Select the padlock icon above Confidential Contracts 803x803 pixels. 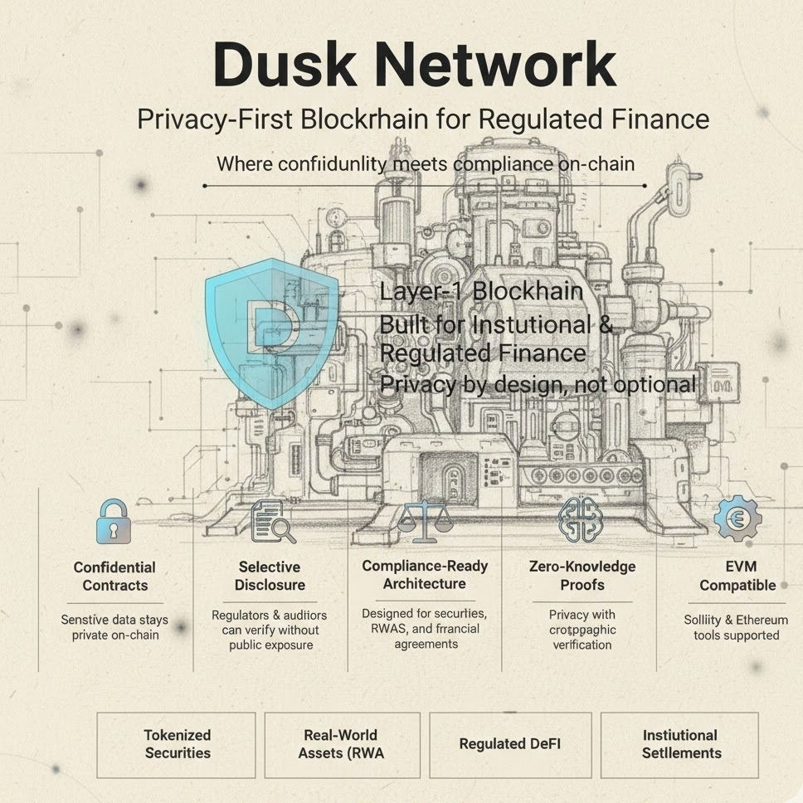[113, 521]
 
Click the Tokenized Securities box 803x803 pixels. [177, 744]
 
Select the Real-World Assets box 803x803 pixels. [342, 744]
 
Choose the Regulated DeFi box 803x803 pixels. [509, 744]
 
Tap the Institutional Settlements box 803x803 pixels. [680, 744]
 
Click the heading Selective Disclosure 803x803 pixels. [269, 576]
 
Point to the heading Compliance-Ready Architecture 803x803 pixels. [425, 575]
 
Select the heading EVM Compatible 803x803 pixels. [737, 576]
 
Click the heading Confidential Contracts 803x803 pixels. [114, 576]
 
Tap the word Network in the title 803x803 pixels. [489, 65]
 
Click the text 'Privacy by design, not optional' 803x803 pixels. [538, 384]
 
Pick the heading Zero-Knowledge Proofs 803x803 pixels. [582, 576]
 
